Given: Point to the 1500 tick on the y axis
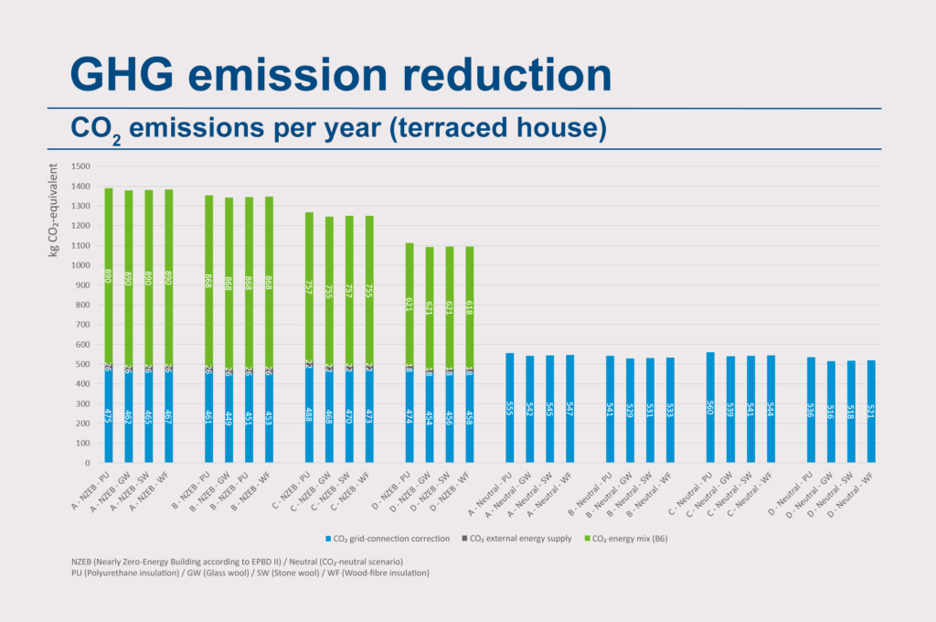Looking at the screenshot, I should pyautogui.click(x=80, y=166).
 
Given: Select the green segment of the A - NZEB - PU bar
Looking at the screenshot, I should pyautogui.click(x=109, y=275).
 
